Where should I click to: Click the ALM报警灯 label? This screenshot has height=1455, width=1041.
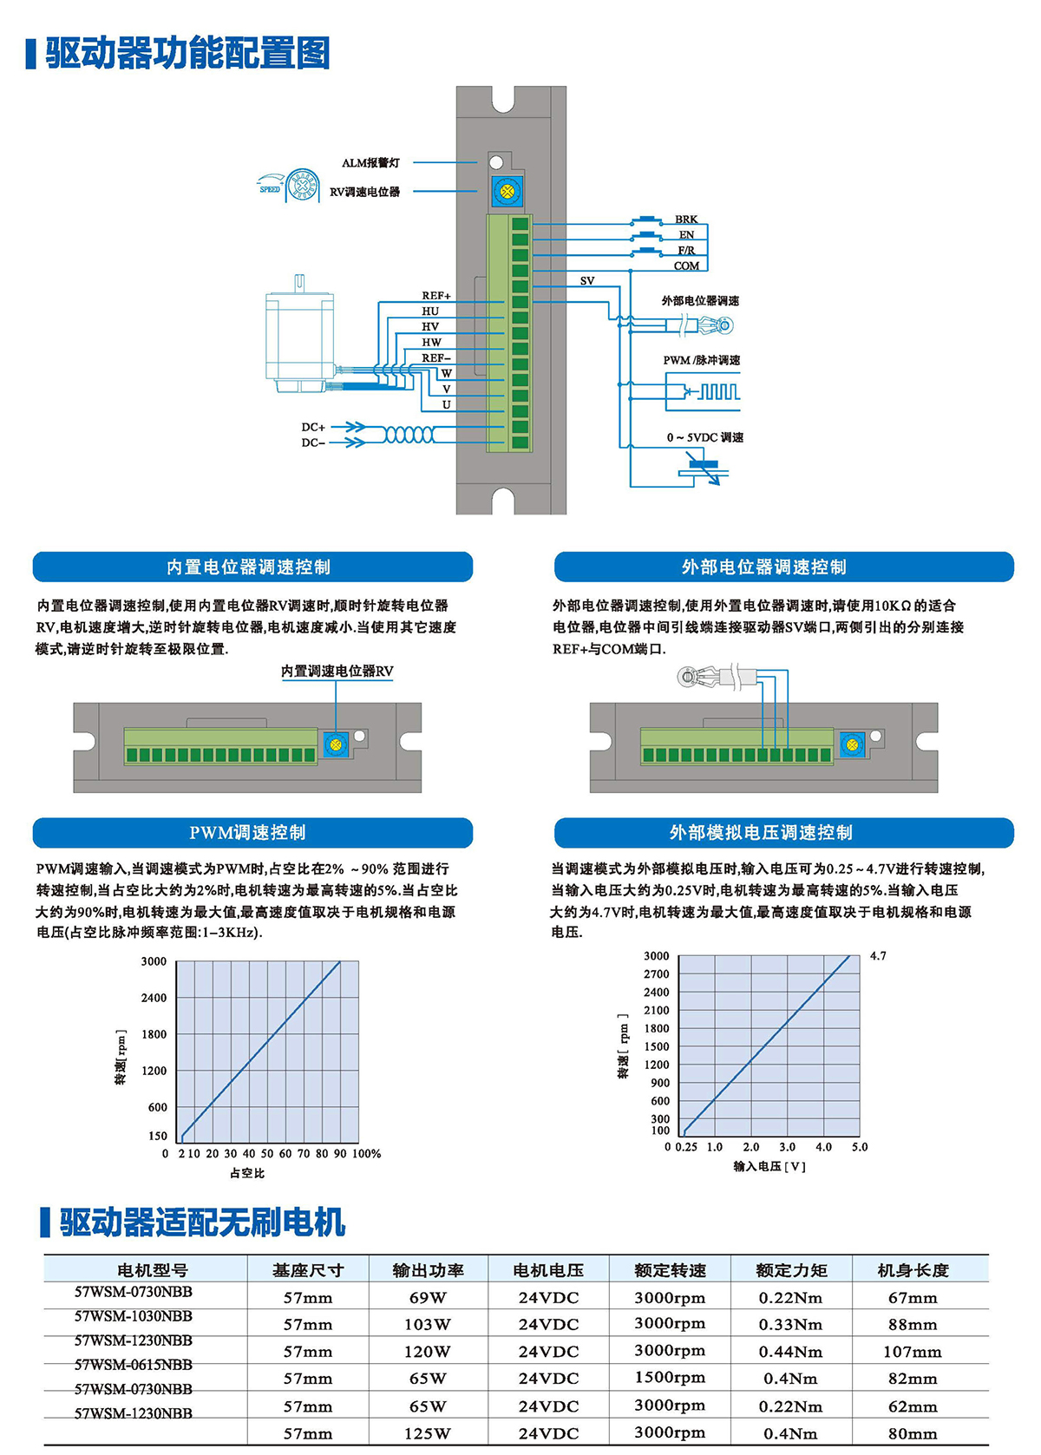pyautogui.click(x=370, y=163)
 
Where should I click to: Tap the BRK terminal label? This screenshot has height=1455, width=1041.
pyautogui.click(x=686, y=220)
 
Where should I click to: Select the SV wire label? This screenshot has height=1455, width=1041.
pyautogui.click(x=587, y=281)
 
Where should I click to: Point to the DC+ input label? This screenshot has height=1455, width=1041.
pyautogui.click(x=313, y=427)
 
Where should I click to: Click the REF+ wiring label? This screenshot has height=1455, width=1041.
pyautogui.click(x=436, y=296)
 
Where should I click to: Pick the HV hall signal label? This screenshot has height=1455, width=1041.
pyautogui.click(x=430, y=327)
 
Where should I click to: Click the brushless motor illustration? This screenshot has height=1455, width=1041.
pyautogui.click(x=299, y=338)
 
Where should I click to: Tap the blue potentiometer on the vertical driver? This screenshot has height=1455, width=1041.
pyautogui.click(x=507, y=191)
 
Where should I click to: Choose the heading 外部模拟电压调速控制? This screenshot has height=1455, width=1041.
pyautogui.click(x=761, y=833)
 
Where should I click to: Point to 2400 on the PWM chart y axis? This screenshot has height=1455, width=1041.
pyautogui.click(x=154, y=998)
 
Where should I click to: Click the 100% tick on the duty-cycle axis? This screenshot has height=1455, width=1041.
pyautogui.click(x=366, y=1154)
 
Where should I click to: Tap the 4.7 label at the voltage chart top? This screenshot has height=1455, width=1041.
pyautogui.click(x=878, y=956)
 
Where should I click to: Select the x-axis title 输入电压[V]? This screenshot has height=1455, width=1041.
pyautogui.click(x=769, y=1167)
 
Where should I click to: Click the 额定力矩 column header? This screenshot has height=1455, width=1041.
pyautogui.click(x=791, y=1270)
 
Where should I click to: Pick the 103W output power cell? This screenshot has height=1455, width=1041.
pyautogui.click(x=428, y=1325)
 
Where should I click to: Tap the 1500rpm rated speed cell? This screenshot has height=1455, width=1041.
pyautogui.click(x=670, y=1378)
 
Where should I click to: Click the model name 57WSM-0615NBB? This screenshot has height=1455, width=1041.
pyautogui.click(x=134, y=1365)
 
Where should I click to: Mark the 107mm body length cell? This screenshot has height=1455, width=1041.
pyautogui.click(x=913, y=1352)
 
